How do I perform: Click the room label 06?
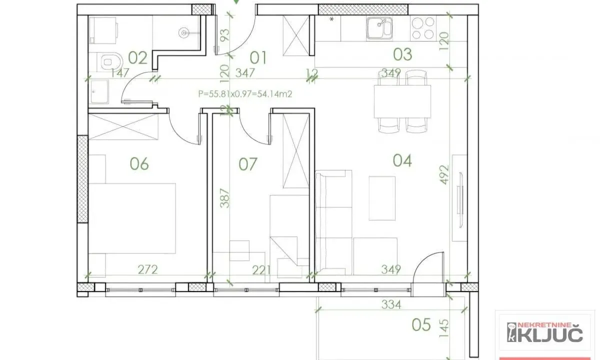139,163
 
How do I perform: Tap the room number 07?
247,163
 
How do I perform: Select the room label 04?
402,160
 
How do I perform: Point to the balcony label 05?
421,325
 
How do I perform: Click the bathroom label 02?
137,58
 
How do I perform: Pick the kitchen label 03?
402,54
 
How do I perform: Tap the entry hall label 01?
258,57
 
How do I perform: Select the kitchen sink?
378,28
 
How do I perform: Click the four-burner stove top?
422,28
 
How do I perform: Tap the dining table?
402,101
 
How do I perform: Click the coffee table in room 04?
382,198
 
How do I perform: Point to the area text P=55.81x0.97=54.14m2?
245,93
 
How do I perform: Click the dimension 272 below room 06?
147,270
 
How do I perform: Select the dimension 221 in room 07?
260,270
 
